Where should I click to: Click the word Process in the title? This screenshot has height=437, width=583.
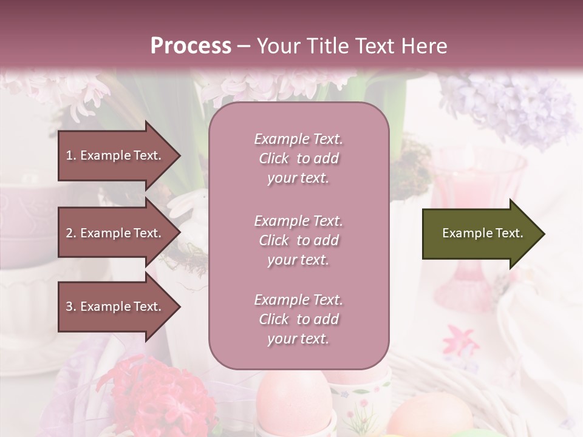(191, 46)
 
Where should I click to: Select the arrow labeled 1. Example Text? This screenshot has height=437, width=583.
(118, 155)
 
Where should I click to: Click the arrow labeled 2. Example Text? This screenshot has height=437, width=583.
(118, 233)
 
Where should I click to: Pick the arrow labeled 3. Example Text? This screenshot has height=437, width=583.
(118, 307)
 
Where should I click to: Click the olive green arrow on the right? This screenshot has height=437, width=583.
(483, 234)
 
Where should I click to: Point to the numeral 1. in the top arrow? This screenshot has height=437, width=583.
(71, 155)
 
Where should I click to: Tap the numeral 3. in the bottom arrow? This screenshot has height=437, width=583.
(71, 307)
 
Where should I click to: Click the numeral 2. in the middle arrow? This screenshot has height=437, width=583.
(71, 233)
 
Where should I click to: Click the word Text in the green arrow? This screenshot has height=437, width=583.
(510, 233)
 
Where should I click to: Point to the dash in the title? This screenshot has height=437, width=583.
(244, 46)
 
